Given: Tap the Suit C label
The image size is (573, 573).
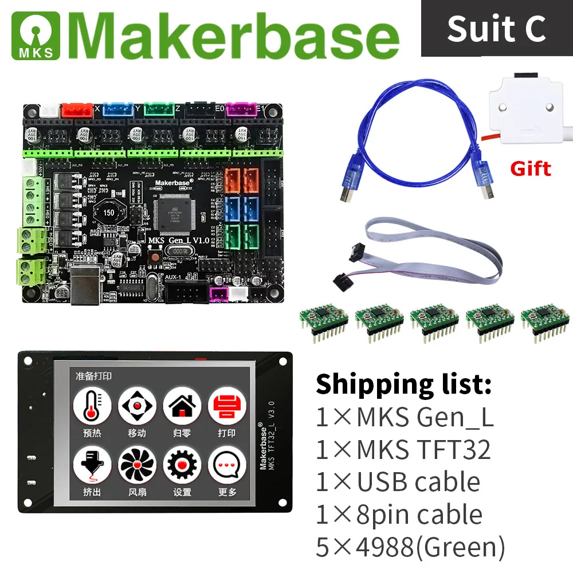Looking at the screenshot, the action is point(496,28).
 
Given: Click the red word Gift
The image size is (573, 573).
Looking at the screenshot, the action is point(530,168).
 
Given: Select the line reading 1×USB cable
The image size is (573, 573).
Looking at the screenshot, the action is point(398,482).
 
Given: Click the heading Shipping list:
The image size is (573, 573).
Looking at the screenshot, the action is point(404,384).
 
